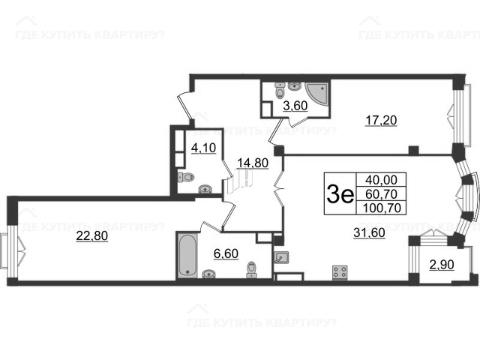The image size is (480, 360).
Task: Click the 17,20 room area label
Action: (382, 120)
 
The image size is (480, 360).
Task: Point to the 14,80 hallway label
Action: (253, 163)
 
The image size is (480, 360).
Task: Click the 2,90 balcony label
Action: (442, 265)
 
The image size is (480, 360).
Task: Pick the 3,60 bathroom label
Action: (295, 106)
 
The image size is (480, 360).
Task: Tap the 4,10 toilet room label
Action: (203, 148)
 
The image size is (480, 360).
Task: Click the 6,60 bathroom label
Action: (226, 253)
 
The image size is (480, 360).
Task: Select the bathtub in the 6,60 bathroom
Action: (187, 255)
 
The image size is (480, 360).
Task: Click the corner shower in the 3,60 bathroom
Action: (317, 93)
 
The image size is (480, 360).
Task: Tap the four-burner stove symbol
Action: (340, 271)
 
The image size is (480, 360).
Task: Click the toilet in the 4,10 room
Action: (186, 177)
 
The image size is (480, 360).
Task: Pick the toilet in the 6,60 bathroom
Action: (252, 269)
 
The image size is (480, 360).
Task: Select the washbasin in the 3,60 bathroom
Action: (295, 86)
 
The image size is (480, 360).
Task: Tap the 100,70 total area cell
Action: (382, 208)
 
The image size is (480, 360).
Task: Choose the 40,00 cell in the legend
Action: (381, 180)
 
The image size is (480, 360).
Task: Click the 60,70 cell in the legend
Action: (381, 193)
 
